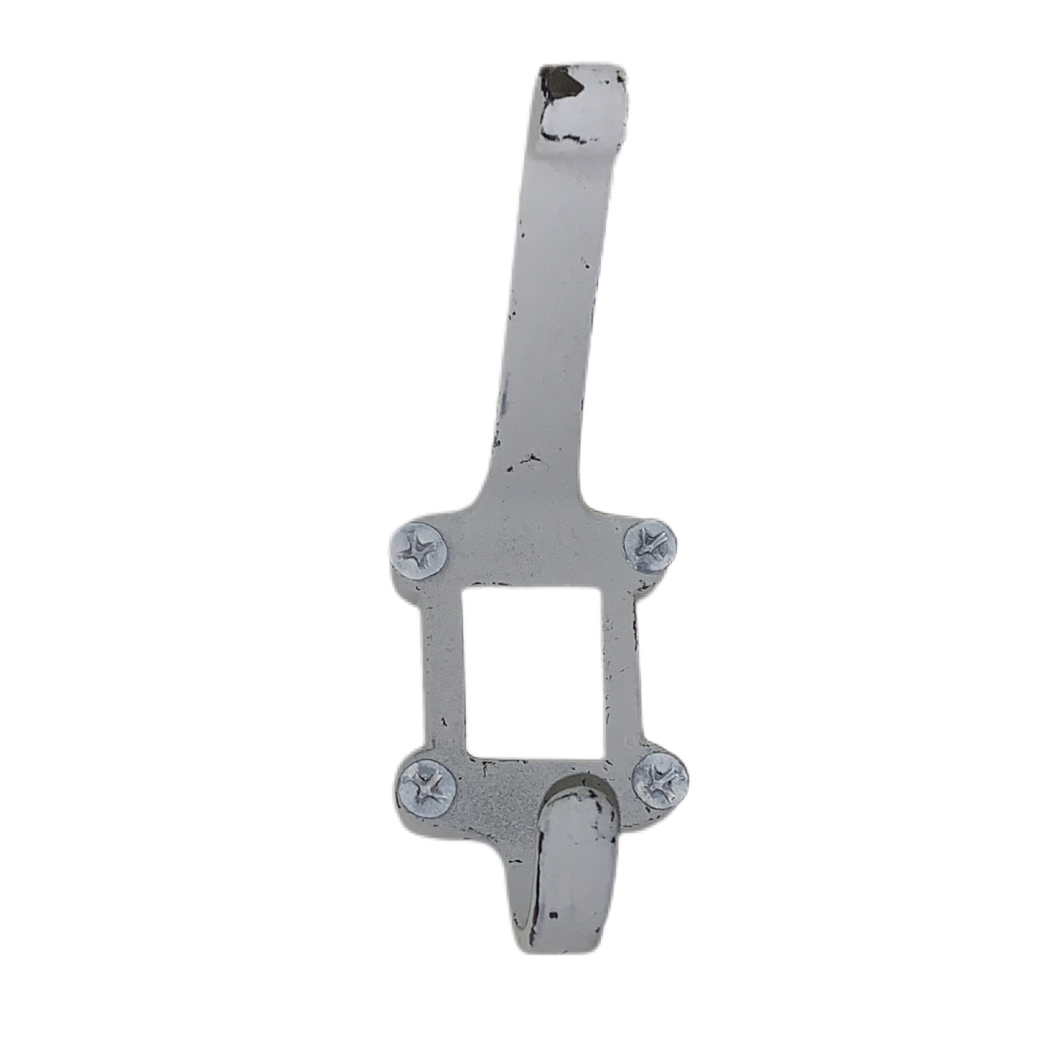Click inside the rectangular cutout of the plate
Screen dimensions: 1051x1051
(x=533, y=673)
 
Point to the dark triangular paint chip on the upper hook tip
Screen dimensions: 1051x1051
(x=568, y=85)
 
